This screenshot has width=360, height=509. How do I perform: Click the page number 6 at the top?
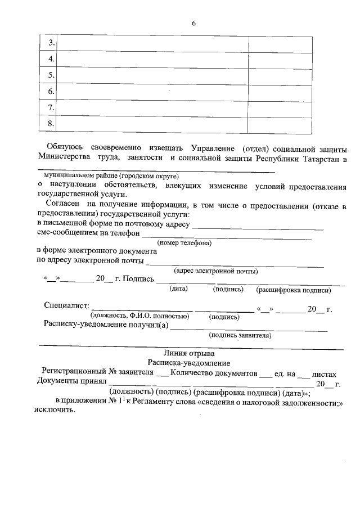[193, 24]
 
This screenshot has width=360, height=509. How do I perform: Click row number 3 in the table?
[51, 43]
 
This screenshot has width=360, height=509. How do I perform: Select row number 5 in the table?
[51, 75]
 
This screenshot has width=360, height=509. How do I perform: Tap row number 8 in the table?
[51, 124]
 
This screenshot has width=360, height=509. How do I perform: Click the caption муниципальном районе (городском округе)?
[106, 175]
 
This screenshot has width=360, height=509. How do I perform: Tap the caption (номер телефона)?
[184, 243]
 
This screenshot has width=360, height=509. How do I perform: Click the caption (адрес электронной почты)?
[216, 271]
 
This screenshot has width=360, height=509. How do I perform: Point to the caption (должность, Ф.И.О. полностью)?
[139, 317]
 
